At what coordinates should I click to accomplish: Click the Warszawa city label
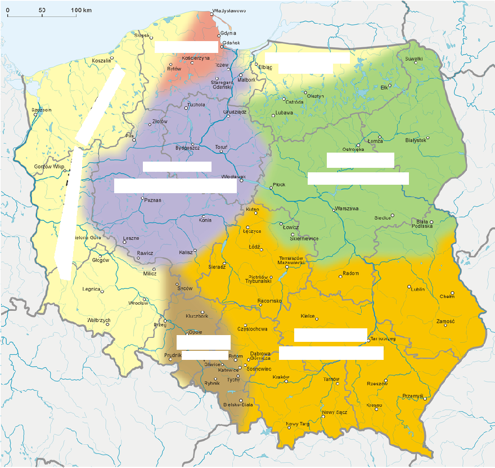coord(346,208)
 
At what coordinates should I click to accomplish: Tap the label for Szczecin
coord(42,110)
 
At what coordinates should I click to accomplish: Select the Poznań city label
coord(153,200)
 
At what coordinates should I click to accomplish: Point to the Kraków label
coord(280,377)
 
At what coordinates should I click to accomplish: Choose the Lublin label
coord(418,289)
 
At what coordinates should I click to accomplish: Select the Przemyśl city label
coord(413,396)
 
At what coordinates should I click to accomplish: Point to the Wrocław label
coord(137,303)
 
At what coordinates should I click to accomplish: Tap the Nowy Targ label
coord(297,424)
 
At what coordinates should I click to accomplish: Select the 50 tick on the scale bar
coord(42,11)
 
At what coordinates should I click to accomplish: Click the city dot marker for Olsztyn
coord(305,92)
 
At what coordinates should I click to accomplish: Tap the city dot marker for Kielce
coord(317,319)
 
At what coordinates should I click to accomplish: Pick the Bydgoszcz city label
coord(188,148)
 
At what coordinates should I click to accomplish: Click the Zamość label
coord(445,321)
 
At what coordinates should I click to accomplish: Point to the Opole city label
coord(195,332)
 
